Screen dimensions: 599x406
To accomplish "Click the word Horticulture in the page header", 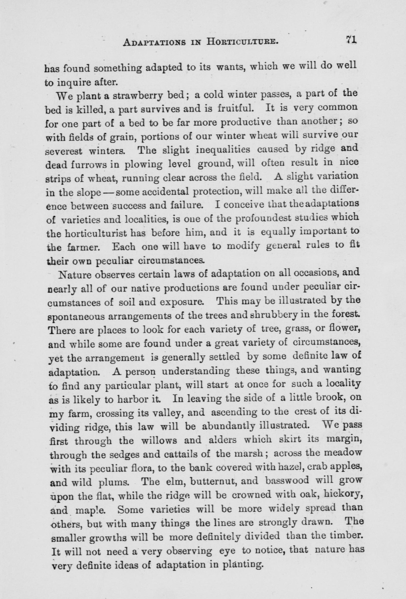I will click(x=242, y=42).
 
